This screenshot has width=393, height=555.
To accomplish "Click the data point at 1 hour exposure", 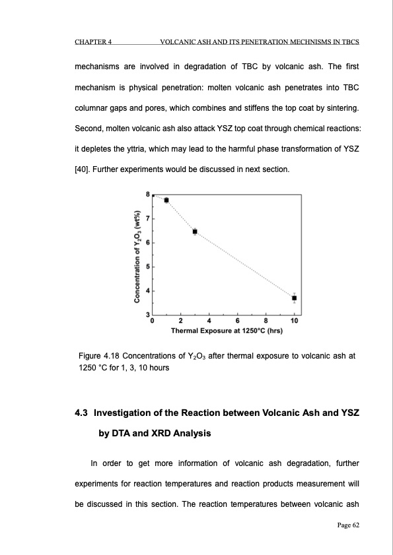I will [x=166, y=200].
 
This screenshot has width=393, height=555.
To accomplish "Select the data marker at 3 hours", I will [x=195, y=231].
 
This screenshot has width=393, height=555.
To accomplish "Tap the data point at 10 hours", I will [x=295, y=298].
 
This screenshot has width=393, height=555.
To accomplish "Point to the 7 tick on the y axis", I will [x=147, y=218].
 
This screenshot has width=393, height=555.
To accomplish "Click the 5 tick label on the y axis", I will [x=147, y=267].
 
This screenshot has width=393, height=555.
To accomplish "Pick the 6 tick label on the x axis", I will [x=238, y=321].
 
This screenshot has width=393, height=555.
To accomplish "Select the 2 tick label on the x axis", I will [x=181, y=321].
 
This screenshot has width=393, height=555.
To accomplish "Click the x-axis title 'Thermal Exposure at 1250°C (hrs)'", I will [x=227, y=330].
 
